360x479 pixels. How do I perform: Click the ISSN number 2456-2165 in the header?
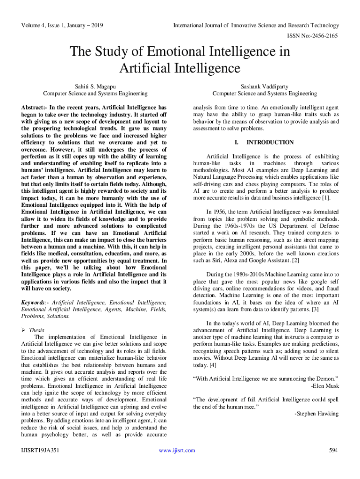point(324,36)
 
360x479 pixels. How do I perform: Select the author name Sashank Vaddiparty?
point(264,87)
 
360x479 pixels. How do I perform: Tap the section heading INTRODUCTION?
point(270,142)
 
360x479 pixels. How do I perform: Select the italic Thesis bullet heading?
point(37,330)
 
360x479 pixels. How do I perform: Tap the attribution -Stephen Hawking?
point(317,414)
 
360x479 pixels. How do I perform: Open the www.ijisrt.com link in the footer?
point(177,450)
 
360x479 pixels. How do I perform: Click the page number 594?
point(333,450)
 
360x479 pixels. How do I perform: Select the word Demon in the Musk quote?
point(324,379)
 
